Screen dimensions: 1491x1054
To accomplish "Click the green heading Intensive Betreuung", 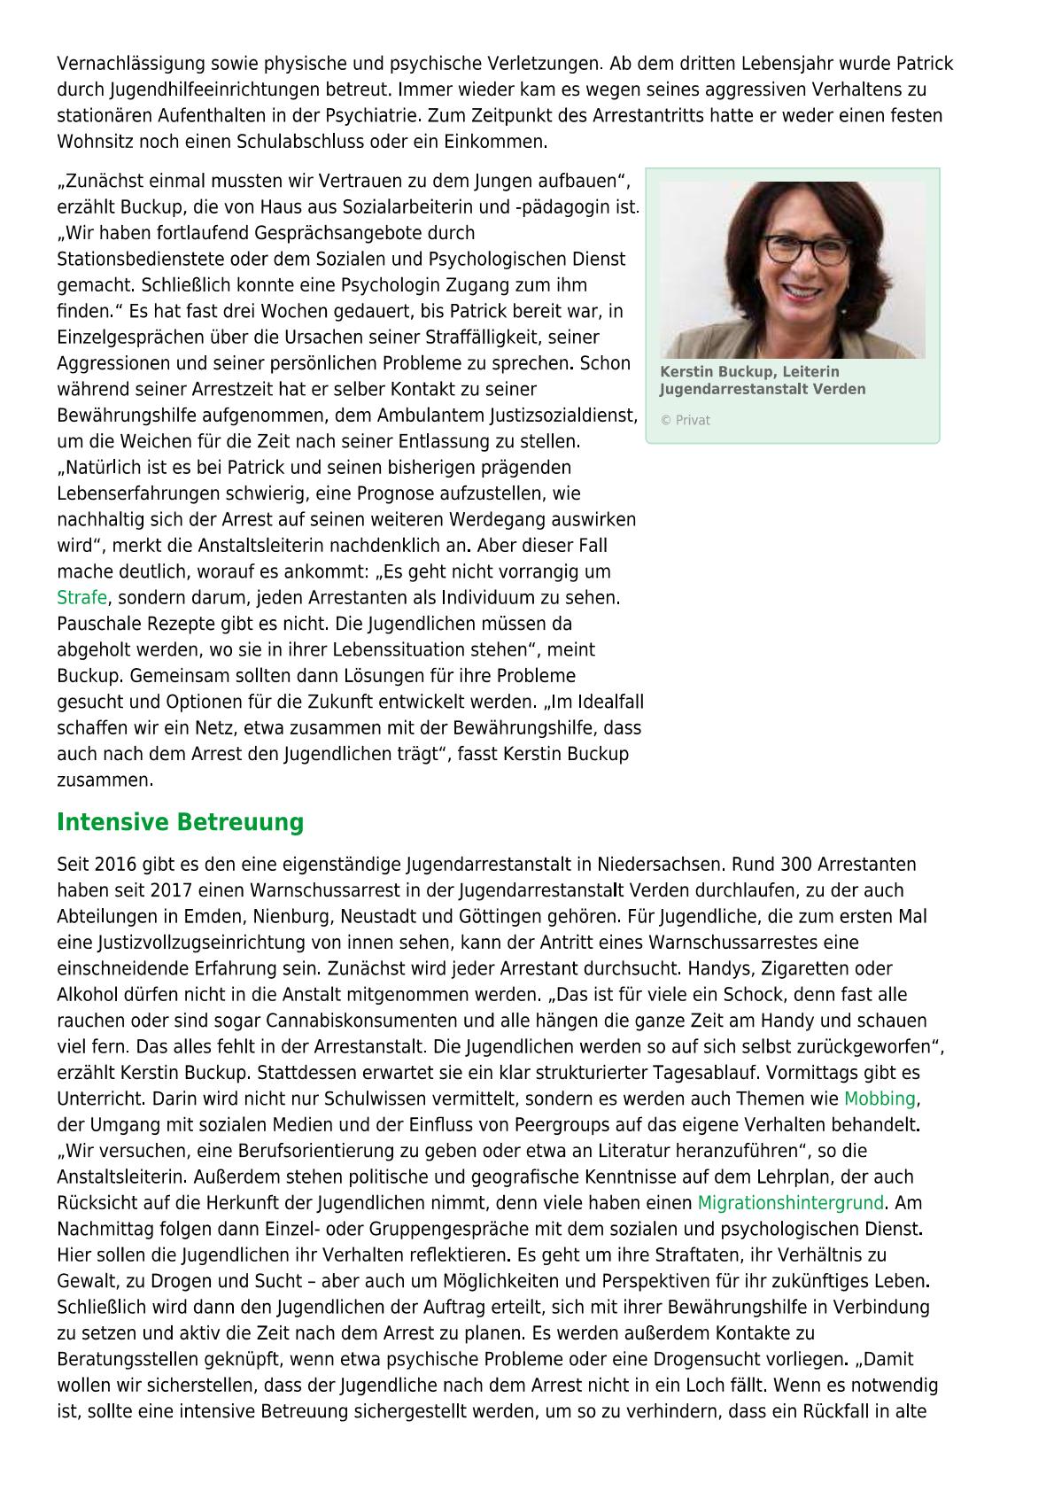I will [x=180, y=822].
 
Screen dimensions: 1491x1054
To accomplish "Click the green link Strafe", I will [x=81, y=598].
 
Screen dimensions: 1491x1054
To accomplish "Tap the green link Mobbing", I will [x=879, y=1099].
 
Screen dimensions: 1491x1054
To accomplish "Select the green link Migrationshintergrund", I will [x=790, y=1203].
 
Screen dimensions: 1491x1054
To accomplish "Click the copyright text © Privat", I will [x=685, y=421].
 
